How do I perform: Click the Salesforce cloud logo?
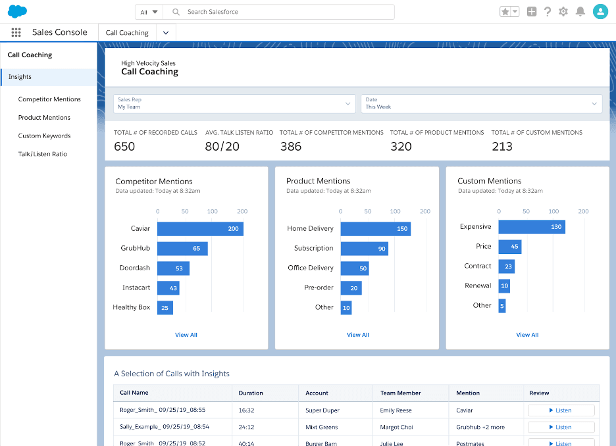coord(18,11)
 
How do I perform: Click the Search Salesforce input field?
coord(283,12)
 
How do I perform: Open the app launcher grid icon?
coord(16,32)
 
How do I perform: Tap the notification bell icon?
coord(580,12)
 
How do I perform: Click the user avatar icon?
coord(600,12)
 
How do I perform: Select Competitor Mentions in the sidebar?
coord(49,99)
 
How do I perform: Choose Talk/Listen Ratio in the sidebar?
coord(42,154)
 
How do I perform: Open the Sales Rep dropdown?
coord(234,103)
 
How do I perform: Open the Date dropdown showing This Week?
coord(481,103)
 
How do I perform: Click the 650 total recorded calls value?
coord(124,146)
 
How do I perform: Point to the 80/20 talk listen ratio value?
coord(222,146)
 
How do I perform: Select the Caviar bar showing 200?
coord(200,229)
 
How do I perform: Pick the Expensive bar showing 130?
coord(531,227)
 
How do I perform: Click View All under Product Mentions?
coord(357,335)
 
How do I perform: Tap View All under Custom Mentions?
coord(527,335)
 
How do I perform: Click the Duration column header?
coord(251,393)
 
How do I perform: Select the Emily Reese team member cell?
coord(396,410)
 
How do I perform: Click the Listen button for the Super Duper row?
coord(561,410)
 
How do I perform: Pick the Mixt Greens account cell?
coord(322,427)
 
